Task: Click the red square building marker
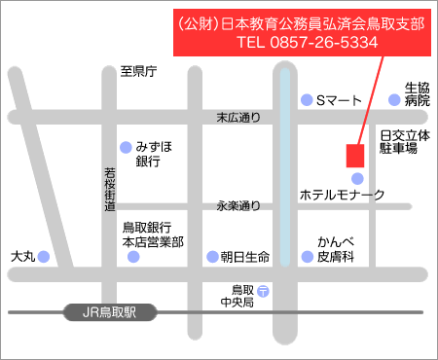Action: (355, 155)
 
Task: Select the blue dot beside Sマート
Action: (306, 99)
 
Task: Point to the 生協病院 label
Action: (417, 93)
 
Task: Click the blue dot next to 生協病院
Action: (394, 99)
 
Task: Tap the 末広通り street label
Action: (238, 118)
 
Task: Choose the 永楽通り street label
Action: (238, 205)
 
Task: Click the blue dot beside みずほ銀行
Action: (125, 148)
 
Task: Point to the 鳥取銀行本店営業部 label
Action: (153, 234)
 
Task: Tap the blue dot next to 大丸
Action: (43, 257)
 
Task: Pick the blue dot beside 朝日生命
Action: (212, 257)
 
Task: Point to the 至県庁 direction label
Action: (138, 71)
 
